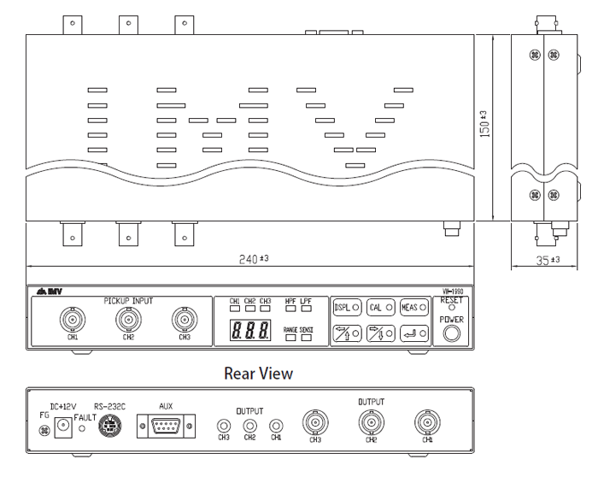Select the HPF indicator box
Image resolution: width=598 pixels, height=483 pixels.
pyautogui.click(x=290, y=310)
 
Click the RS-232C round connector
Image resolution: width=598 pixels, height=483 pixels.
pyautogui.click(x=109, y=425)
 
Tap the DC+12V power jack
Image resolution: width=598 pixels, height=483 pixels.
pyautogui.click(x=62, y=426)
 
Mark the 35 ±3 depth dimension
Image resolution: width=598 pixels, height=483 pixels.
pyautogui.click(x=547, y=259)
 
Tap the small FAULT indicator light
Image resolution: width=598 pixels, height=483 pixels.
pyautogui.click(x=82, y=426)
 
